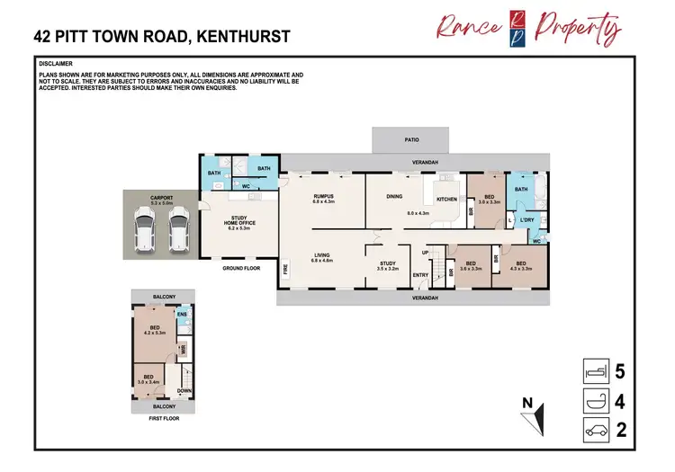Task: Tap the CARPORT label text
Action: [163, 200]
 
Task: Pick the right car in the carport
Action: [178, 228]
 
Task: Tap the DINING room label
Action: [393, 199]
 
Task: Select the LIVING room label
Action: [322, 256]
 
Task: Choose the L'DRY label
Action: [527, 220]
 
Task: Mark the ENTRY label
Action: [420, 275]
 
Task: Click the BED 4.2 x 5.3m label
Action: [156, 330]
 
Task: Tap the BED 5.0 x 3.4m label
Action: [148, 378]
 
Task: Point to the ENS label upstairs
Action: [181, 315]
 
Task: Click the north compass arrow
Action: [537, 416]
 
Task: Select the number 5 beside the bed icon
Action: [620, 370]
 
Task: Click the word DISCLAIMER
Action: [56, 65]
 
